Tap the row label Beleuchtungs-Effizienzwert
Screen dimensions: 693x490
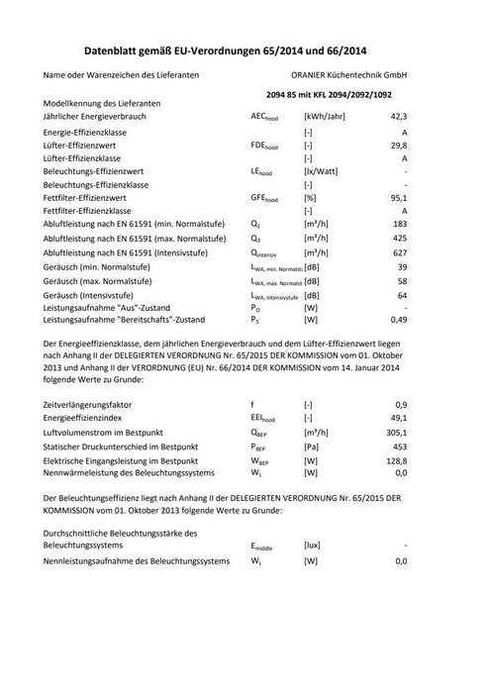click(x=98, y=170)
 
